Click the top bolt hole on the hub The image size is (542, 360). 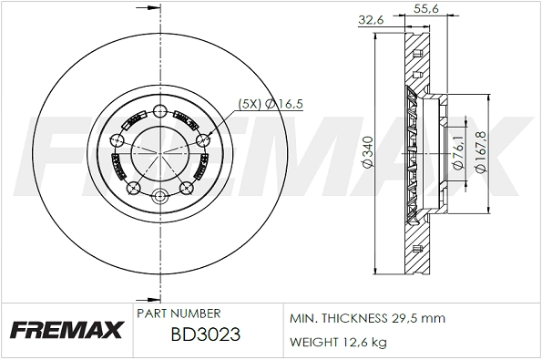click(x=159, y=111)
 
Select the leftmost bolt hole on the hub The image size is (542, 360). click(x=116, y=139)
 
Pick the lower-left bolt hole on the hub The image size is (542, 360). click(x=133, y=188)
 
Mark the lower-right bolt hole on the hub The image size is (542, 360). click(x=186, y=188)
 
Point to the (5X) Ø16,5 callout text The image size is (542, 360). click(x=271, y=105)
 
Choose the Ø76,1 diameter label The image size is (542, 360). click(x=455, y=151)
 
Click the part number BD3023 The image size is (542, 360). click(x=205, y=334)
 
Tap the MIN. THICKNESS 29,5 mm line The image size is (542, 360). click(x=366, y=319)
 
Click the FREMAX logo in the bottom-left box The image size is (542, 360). click(x=66, y=329)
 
